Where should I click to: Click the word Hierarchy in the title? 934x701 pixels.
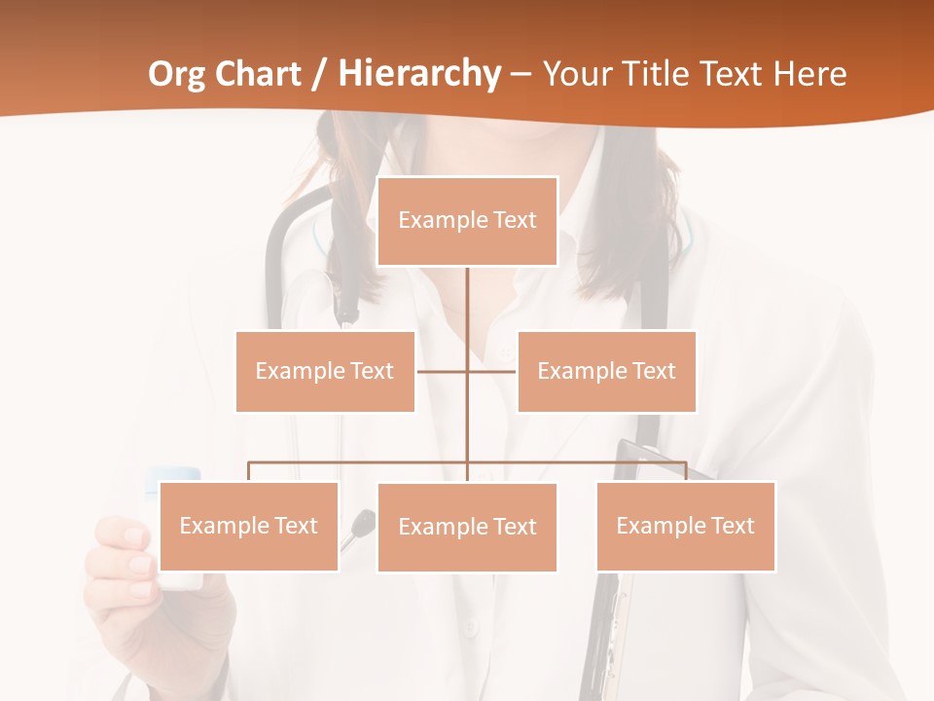point(419,73)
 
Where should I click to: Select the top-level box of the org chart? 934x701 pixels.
point(467,221)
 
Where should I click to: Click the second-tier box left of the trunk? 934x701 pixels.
point(325,371)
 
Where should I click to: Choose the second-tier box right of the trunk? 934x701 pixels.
point(606,371)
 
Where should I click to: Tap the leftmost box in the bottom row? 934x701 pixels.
point(248,526)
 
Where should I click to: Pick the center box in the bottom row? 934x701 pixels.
point(467,527)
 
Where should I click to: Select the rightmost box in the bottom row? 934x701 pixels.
point(685,526)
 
